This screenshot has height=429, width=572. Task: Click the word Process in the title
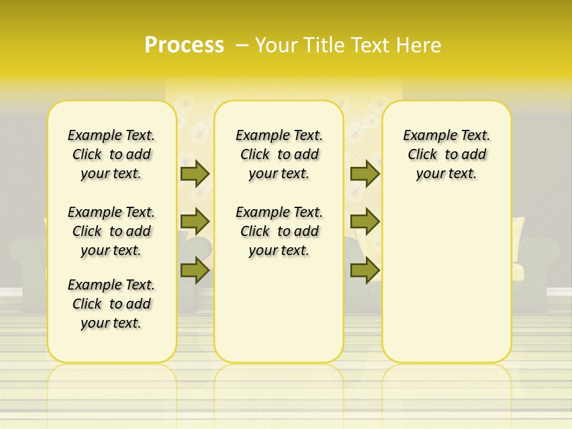184,45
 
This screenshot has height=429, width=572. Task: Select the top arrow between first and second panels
195,173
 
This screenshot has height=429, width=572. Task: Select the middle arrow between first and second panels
195,222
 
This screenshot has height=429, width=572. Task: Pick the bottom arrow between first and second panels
195,270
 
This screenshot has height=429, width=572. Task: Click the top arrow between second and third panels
365,173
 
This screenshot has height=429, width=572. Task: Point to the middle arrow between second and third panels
365,222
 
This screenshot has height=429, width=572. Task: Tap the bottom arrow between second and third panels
365,270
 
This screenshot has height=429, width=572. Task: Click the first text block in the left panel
111,154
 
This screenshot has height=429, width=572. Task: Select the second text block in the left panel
111,231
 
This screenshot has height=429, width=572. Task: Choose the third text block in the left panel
111,304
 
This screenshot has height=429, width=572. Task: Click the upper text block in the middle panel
279,154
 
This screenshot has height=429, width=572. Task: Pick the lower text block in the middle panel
279,231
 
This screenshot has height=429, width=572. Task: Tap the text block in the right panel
447,154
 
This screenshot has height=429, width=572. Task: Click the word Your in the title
276,45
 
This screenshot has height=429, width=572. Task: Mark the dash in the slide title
242,45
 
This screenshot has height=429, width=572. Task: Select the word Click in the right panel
422,155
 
